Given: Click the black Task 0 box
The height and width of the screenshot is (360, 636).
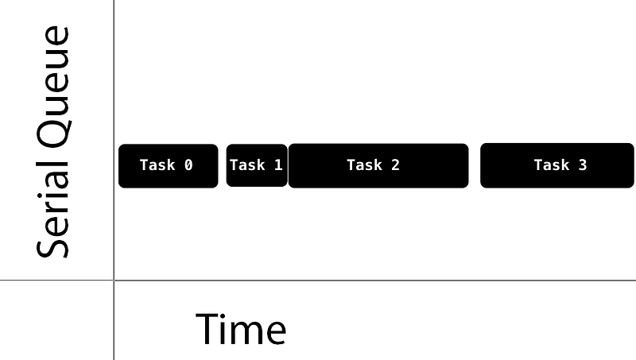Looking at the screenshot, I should tap(168, 165).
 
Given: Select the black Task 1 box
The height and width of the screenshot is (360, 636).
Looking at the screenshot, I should tap(256, 165).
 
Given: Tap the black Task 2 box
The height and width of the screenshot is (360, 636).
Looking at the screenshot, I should tap(378, 165).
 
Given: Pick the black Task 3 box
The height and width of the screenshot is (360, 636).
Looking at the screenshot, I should tap(556, 165).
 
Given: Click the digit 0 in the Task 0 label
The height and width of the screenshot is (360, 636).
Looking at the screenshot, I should tap(188, 165).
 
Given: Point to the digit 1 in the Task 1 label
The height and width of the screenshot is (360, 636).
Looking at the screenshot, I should tap(278, 165).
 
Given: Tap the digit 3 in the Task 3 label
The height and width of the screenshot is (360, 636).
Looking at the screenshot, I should tap(583, 165).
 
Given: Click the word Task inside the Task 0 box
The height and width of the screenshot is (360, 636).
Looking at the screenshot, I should tap(157, 165).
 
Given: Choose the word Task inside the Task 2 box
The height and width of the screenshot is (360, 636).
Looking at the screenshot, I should tap(364, 165).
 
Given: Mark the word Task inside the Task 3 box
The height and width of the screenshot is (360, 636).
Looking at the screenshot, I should tap(551, 165).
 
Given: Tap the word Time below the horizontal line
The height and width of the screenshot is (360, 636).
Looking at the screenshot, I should tap(240, 329).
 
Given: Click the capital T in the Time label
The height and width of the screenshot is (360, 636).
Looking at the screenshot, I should tap(207, 329).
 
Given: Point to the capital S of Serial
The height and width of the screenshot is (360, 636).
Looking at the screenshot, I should tap(53, 244).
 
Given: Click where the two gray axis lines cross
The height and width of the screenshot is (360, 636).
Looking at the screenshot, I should tap(114, 281).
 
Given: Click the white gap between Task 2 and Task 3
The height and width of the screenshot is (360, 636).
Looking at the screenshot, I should tap(475, 165).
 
